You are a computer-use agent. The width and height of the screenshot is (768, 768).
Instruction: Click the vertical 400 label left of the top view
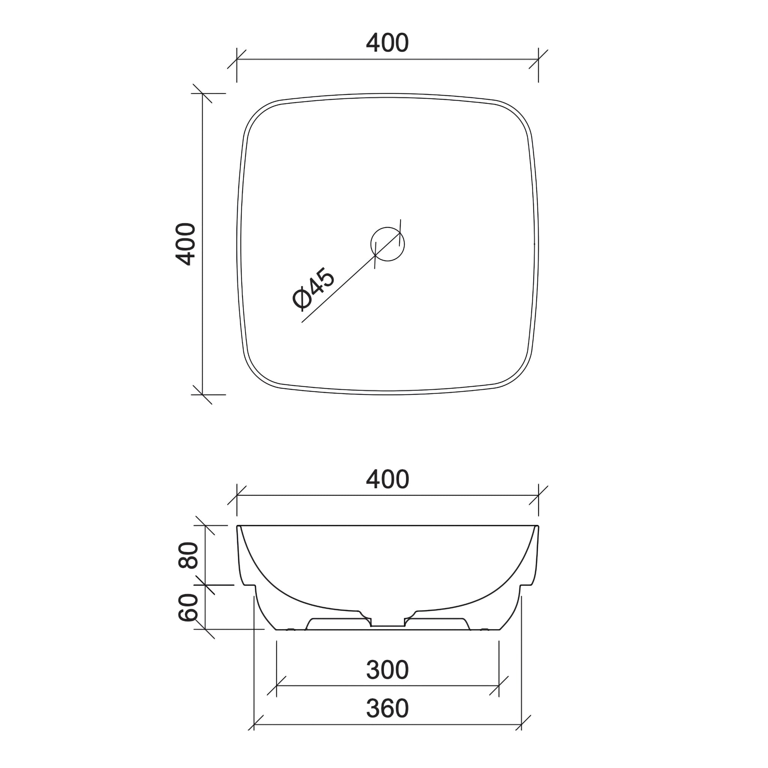[x=186, y=244]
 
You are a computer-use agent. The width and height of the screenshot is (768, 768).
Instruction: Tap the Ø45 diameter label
[x=313, y=288]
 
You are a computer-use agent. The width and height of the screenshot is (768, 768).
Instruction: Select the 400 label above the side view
[x=387, y=479]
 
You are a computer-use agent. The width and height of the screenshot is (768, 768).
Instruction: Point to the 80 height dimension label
[x=188, y=555]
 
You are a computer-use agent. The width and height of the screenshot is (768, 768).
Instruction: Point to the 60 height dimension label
[x=188, y=607]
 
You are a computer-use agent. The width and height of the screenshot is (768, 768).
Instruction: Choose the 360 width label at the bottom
[x=387, y=708]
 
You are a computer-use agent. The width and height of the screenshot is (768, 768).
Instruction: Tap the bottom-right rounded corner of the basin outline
[x=517, y=373]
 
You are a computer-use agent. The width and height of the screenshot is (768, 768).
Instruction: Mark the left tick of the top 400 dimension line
[x=237, y=59]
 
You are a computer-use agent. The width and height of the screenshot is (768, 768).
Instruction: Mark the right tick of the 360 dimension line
[x=521, y=724]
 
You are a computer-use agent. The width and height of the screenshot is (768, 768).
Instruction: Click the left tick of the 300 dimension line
[x=276, y=686]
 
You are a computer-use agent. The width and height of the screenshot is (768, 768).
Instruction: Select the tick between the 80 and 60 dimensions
[x=205, y=585]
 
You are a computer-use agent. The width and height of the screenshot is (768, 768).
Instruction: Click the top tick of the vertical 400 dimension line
[x=202, y=93]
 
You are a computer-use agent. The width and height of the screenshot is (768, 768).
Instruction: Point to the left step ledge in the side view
[x=249, y=585]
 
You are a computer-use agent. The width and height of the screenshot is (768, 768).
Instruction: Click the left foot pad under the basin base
[x=291, y=630]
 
